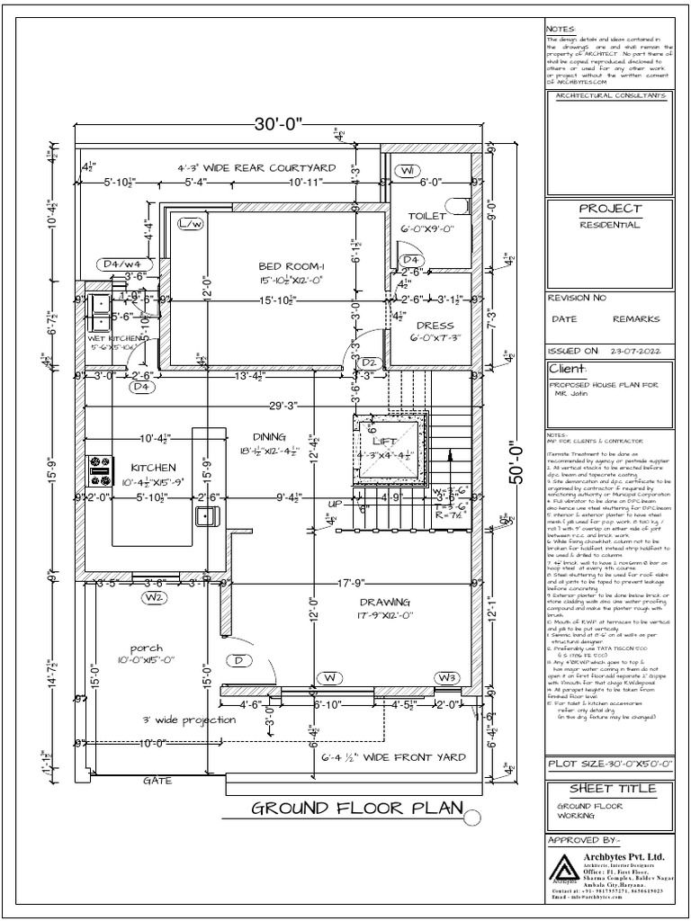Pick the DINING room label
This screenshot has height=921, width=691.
coord(268,436)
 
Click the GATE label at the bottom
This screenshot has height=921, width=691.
coord(157,781)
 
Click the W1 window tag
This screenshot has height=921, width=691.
coord(408,171)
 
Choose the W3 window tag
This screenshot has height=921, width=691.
coord(447,676)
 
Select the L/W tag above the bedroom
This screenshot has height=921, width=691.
coord(191,223)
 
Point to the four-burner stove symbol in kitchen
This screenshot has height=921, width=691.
coord(98,466)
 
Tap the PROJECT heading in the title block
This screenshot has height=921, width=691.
coord(610,209)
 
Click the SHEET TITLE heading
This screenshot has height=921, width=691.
coord(609,789)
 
